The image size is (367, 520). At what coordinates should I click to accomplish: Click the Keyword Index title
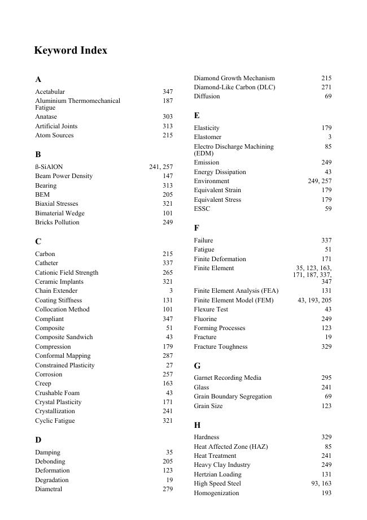tap(71, 50)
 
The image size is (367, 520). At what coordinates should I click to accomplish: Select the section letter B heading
tap(38, 154)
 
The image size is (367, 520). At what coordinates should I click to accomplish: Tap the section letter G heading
tap(197, 366)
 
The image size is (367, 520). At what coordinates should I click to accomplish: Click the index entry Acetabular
tap(50, 92)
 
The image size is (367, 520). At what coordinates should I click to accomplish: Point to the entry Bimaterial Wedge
tap(60, 213)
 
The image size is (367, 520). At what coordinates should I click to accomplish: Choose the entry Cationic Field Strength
tap(67, 272)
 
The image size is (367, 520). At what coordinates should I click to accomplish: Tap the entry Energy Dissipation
tap(220, 172)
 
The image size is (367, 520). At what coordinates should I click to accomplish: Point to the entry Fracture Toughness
tap(220, 346)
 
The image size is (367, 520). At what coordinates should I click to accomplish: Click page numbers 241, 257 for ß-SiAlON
tap(161, 167)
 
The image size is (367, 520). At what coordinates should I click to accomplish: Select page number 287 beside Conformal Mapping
tap(168, 356)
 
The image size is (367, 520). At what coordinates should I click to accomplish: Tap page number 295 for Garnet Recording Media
tap(326, 378)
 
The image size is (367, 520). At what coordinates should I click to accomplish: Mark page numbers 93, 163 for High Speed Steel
tap(321, 483)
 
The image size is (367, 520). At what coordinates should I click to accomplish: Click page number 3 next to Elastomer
tap(330, 137)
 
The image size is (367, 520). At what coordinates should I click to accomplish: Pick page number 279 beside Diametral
tap(168, 489)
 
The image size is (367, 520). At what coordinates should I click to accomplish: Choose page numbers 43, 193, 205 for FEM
tap(314, 300)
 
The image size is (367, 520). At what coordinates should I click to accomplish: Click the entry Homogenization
tap(216, 493)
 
